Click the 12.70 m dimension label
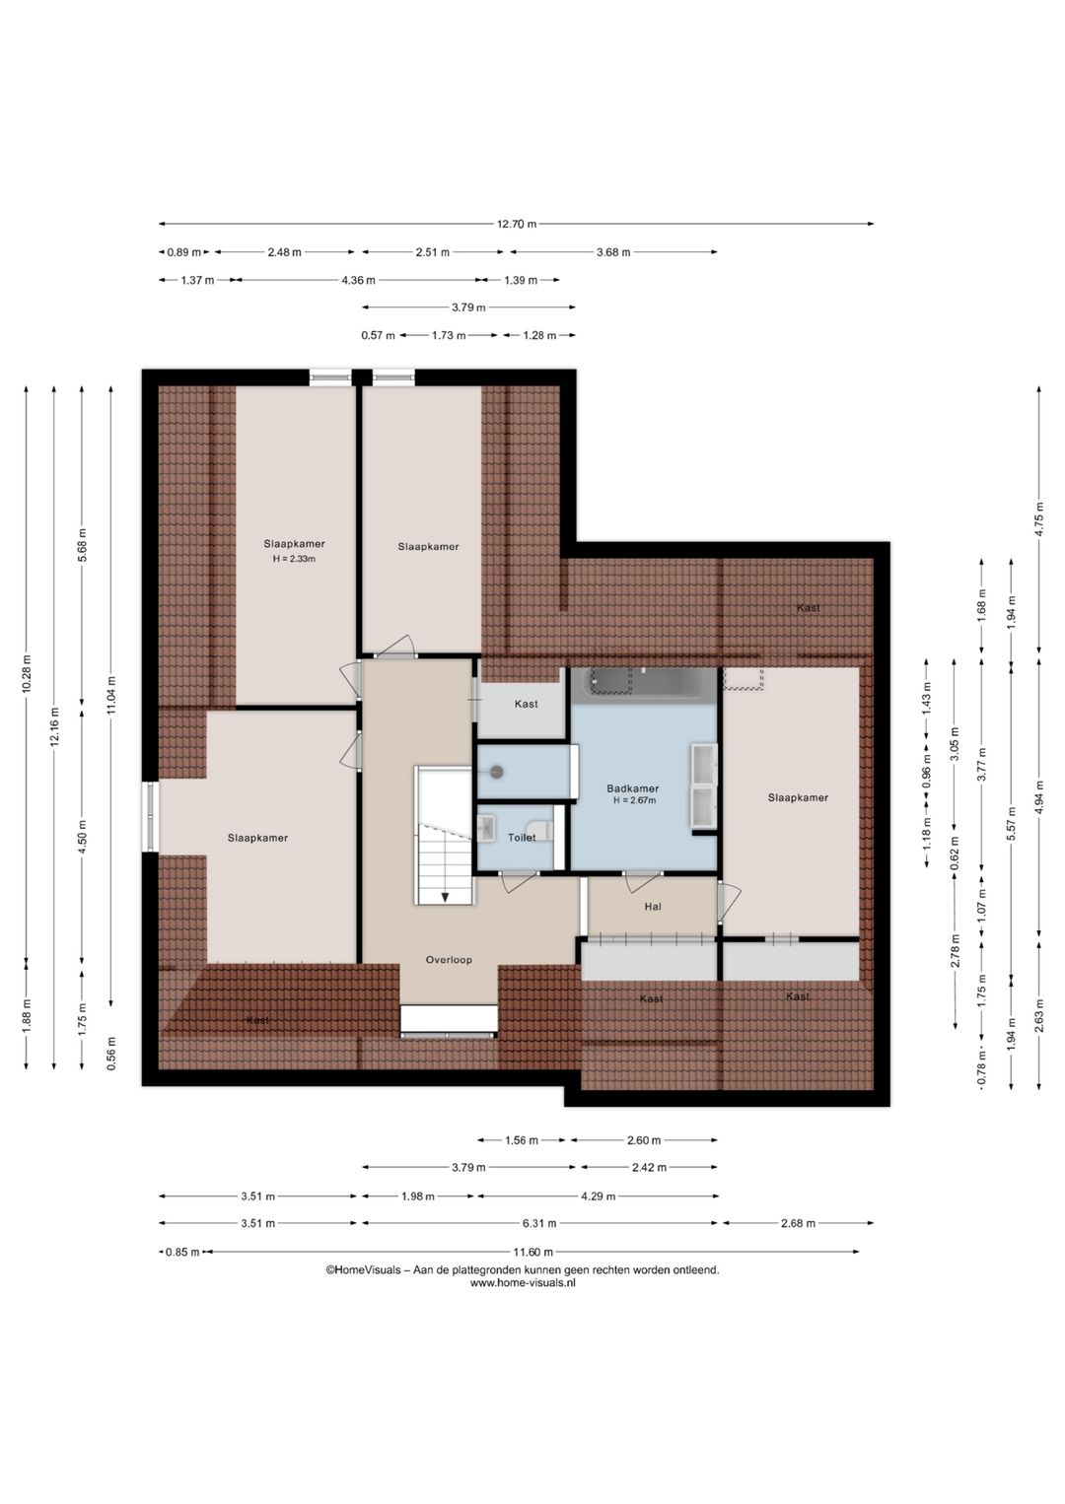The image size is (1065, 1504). [x=516, y=225]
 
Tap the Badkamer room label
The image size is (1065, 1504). [x=632, y=788]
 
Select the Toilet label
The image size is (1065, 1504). [x=522, y=838]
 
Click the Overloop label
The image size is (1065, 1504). [x=449, y=960]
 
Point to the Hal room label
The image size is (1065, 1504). [x=653, y=907]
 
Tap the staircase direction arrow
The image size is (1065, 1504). [x=446, y=897]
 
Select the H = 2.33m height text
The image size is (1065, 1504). [x=294, y=559]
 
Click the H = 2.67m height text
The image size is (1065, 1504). [x=634, y=800]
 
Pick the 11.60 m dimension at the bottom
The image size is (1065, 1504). [x=532, y=1252]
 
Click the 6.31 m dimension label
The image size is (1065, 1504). [x=538, y=1223]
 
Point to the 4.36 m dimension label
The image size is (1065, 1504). [x=358, y=280]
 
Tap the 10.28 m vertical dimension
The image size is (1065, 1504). [x=27, y=673]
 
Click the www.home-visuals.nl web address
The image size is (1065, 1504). [x=523, y=1282]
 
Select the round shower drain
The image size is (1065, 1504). [x=497, y=772]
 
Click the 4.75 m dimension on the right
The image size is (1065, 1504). [x=1038, y=519]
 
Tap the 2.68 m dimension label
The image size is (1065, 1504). [x=798, y=1223]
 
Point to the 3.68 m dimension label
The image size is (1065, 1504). [x=613, y=252]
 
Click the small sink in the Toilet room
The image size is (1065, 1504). [x=486, y=827]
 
